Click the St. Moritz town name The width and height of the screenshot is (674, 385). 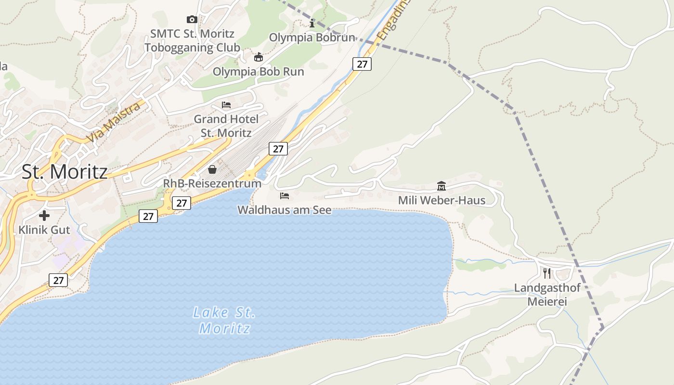[65, 172]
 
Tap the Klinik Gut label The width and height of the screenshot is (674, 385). [44, 230]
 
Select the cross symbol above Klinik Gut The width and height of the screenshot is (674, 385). [44, 216]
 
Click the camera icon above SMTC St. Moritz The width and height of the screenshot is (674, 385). [192, 20]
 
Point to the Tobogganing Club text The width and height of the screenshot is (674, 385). [192, 48]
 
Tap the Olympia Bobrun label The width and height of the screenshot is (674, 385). [312, 38]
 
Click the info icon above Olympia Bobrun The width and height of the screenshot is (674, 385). [312, 23]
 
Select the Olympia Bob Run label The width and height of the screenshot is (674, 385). [259, 72]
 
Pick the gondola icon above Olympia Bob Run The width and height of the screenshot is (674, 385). [259, 57]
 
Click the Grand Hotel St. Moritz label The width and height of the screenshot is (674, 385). [226, 126]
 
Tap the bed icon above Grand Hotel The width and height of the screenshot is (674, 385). [226, 105]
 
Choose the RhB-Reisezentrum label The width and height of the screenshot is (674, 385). [212, 183]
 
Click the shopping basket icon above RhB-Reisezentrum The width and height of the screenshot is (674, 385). [212, 169]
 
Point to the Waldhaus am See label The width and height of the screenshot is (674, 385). [285, 210]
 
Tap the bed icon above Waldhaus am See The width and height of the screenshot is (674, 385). [285, 196]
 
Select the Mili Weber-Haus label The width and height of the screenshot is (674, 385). [441, 200]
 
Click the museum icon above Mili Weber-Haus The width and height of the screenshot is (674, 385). [441, 186]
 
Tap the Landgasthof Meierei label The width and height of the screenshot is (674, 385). [547, 295]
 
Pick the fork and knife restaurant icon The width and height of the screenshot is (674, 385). [547, 273]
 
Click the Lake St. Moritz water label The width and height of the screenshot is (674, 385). [224, 321]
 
